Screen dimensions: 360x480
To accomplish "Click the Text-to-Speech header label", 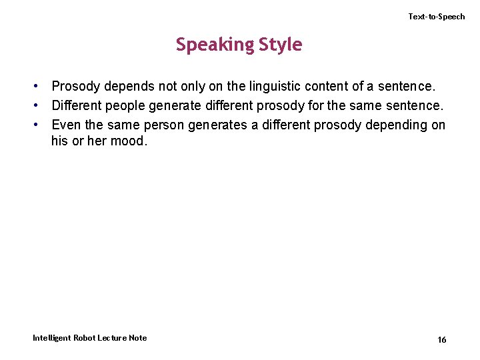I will [x=437, y=17].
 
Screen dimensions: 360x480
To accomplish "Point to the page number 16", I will [x=442, y=340].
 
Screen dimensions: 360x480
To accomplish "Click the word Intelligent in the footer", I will [x=51, y=338].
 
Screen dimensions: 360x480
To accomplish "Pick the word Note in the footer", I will [x=138, y=338].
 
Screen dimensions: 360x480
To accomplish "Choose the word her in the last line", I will [x=89, y=141].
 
